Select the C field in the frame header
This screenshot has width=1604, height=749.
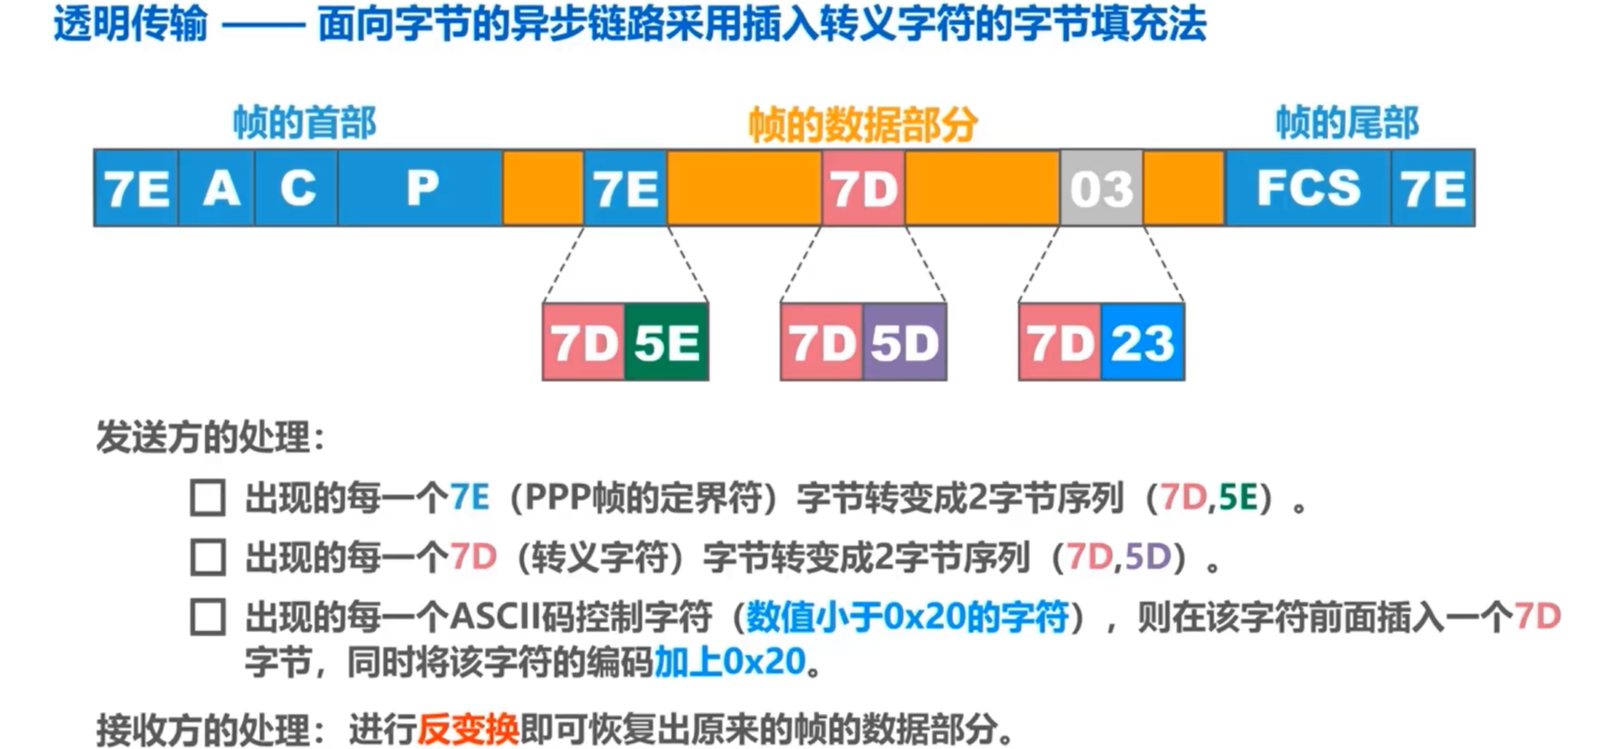click(x=297, y=188)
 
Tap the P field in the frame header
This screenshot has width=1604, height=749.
click(x=421, y=188)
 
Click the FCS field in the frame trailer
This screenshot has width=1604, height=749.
click(x=1307, y=188)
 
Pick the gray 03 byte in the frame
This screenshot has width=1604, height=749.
click(x=1101, y=188)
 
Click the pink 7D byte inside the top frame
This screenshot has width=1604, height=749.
click(x=863, y=188)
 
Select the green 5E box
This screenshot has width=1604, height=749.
click(x=666, y=343)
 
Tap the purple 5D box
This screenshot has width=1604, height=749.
click(x=905, y=343)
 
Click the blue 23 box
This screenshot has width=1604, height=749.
click(x=1142, y=343)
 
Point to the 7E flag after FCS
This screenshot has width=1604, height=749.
click(x=1433, y=188)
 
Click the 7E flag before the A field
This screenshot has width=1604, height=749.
click(x=137, y=188)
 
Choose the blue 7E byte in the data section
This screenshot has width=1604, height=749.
click(x=625, y=188)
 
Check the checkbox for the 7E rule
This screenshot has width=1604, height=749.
click(x=208, y=497)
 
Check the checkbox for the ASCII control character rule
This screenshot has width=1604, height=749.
click(x=208, y=617)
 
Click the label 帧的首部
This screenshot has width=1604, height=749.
click(x=305, y=122)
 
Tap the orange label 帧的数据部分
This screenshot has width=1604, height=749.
click(x=863, y=124)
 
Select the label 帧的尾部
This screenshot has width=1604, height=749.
click(x=1347, y=122)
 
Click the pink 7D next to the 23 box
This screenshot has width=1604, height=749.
click(x=1060, y=343)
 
